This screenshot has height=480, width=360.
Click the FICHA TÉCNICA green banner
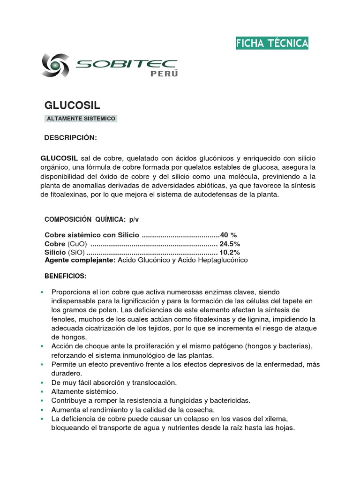click(x=272, y=44)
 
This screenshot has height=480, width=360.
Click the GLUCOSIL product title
click(x=72, y=105)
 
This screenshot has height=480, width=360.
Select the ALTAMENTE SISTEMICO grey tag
click(x=81, y=119)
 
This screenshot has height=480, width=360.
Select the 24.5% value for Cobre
click(x=230, y=244)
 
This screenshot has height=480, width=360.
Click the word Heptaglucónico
click(x=221, y=260)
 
